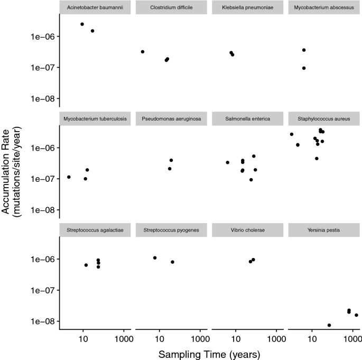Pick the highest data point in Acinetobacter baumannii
[x=82, y=24]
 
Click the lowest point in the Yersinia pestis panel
[x=329, y=325]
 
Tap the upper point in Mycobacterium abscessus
[x=304, y=50]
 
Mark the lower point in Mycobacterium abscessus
[x=304, y=68]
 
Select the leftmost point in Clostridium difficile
[x=143, y=52]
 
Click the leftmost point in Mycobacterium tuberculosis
[x=69, y=177]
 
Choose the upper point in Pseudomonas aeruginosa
[x=171, y=160]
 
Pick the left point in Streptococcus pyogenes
[x=155, y=258]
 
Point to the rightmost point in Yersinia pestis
[x=356, y=315]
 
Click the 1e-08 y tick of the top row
[x=43, y=99]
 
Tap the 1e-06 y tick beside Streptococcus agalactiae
[x=43, y=260]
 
